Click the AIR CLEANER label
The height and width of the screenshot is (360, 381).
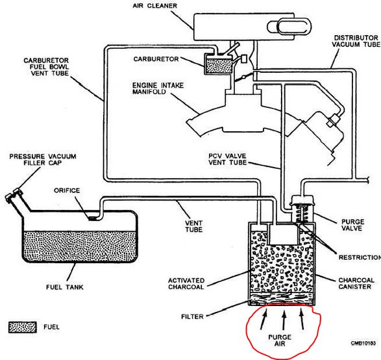point(154,6)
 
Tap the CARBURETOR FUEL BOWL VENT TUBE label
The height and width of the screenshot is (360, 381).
point(46,67)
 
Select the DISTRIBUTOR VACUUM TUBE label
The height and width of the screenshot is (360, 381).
point(356,41)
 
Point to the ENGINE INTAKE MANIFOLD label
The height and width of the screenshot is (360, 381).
point(158,88)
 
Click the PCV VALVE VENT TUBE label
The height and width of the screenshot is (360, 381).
point(227,159)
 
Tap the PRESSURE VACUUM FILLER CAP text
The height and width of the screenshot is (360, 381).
point(43,160)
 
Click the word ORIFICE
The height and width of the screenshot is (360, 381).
point(67,190)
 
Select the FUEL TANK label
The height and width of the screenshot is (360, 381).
point(65,287)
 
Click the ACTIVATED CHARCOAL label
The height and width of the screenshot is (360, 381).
point(186,283)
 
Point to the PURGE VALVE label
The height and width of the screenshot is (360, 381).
point(352,225)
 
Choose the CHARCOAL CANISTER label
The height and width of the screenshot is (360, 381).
point(356,283)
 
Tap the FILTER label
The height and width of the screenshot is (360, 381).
point(192,316)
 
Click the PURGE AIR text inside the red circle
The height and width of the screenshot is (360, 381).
point(280,341)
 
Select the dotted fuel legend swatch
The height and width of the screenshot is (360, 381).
point(23,327)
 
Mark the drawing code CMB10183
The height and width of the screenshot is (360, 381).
point(363,343)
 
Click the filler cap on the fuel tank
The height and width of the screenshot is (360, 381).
point(14,195)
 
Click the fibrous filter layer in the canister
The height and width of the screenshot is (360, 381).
point(282,299)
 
